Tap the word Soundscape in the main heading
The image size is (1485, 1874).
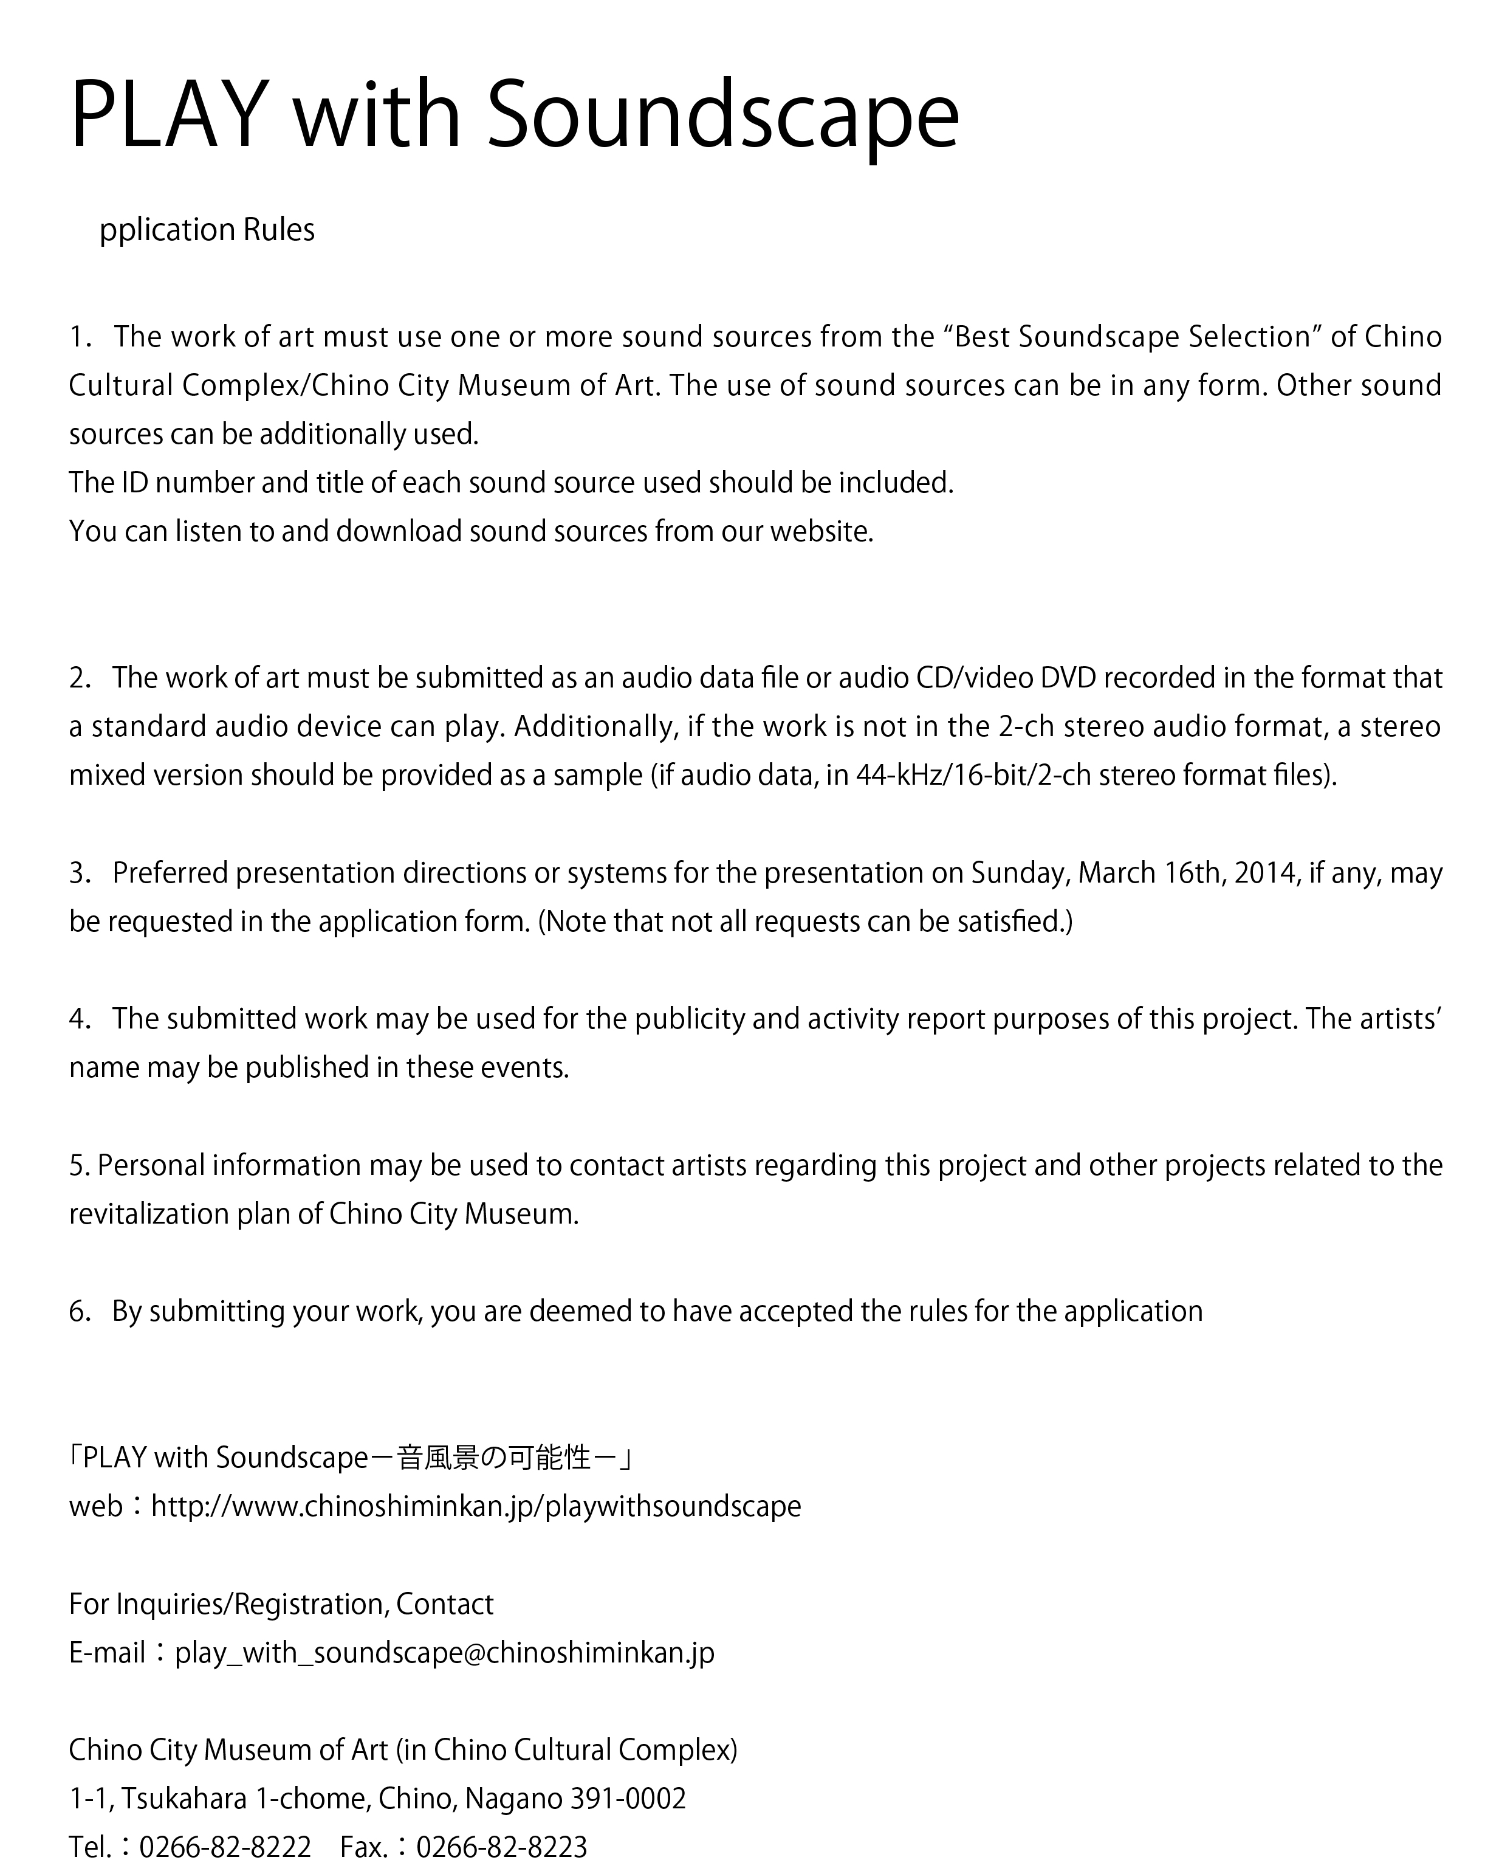pos(721,115)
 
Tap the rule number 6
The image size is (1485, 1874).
pos(78,1310)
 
